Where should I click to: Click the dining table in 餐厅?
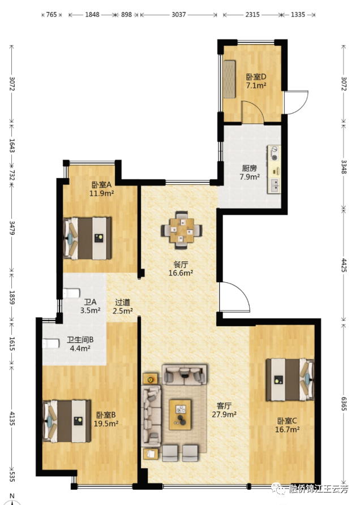(x=182, y=230)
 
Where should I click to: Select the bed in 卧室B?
(x=67, y=421)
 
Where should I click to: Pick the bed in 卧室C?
(x=290, y=379)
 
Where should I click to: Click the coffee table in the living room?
(x=180, y=415)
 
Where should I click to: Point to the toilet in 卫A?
(x=71, y=293)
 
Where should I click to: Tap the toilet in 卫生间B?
(x=51, y=343)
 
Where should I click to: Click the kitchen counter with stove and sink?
(x=274, y=170)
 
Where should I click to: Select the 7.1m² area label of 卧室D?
(x=256, y=85)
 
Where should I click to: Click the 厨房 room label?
(x=250, y=168)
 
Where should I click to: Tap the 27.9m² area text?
(x=224, y=415)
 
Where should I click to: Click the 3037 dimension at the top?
(x=178, y=15)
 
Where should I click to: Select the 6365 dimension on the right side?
(x=344, y=404)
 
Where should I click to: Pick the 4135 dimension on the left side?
(x=12, y=418)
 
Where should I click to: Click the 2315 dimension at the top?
(x=252, y=15)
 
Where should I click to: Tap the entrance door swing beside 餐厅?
(x=234, y=297)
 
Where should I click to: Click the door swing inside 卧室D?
(x=252, y=111)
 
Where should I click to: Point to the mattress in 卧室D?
(x=229, y=79)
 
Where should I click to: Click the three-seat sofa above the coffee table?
(x=185, y=374)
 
